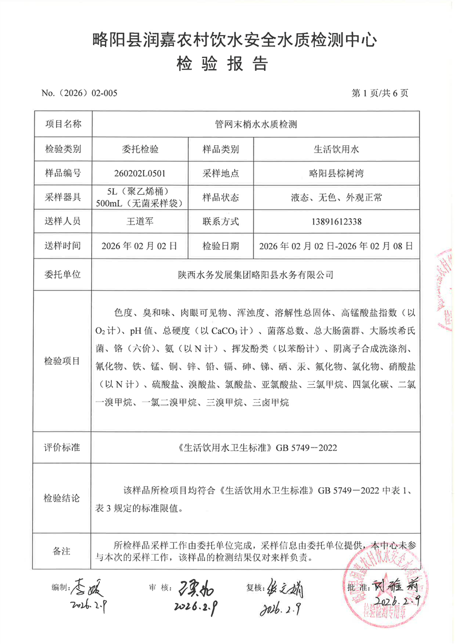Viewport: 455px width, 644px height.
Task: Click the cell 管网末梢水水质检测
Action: click(x=254, y=124)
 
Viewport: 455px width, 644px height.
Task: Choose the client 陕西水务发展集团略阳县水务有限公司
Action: click(x=254, y=275)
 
